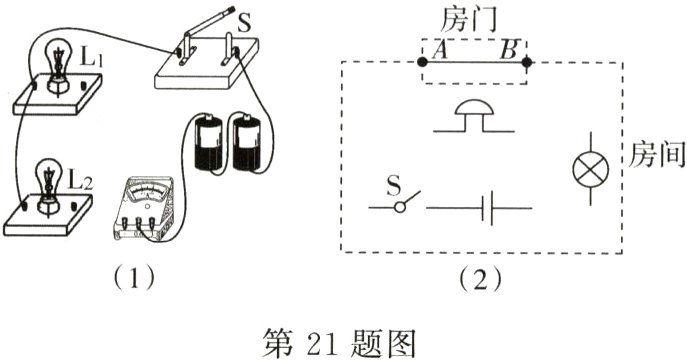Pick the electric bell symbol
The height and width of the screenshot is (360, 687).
(475, 116)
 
